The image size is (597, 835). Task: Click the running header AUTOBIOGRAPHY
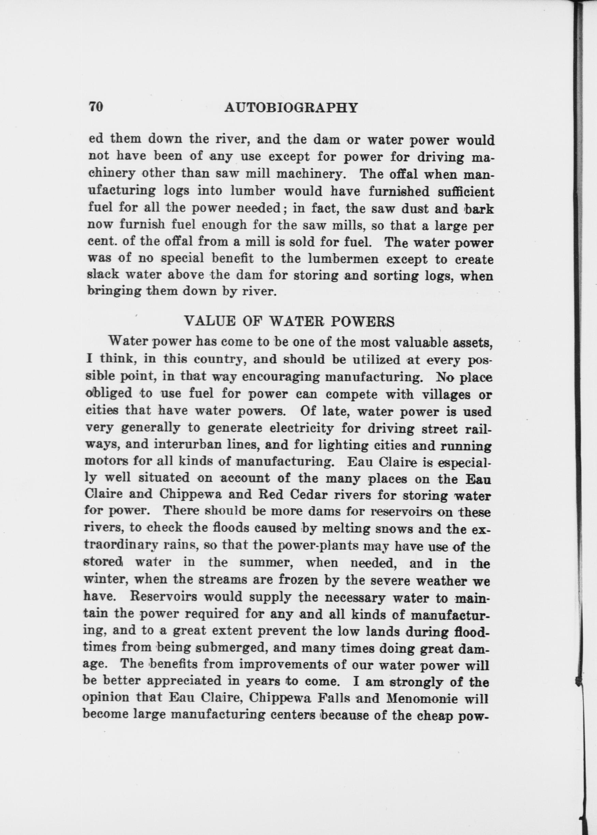tap(291, 108)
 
